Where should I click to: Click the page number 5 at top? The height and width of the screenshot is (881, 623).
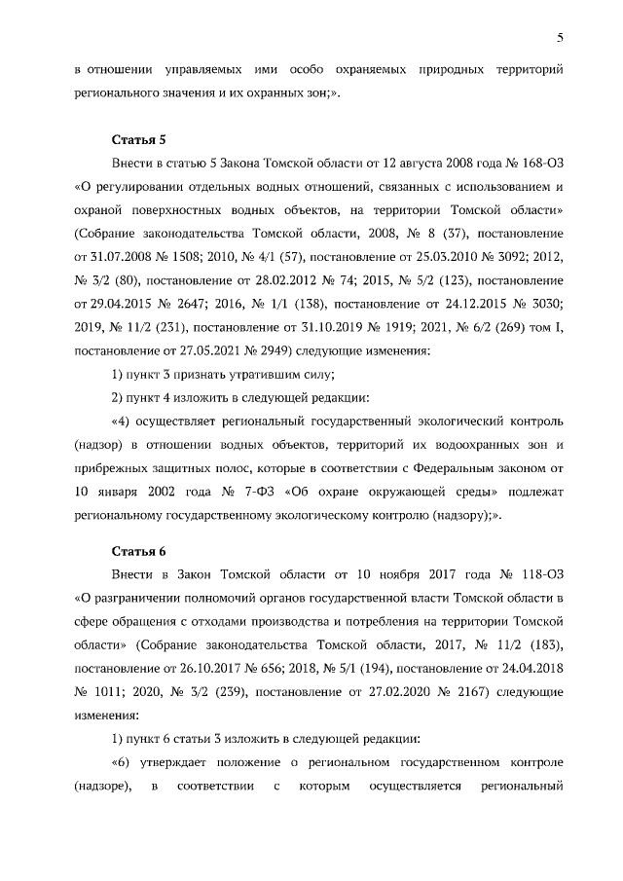click(561, 38)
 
